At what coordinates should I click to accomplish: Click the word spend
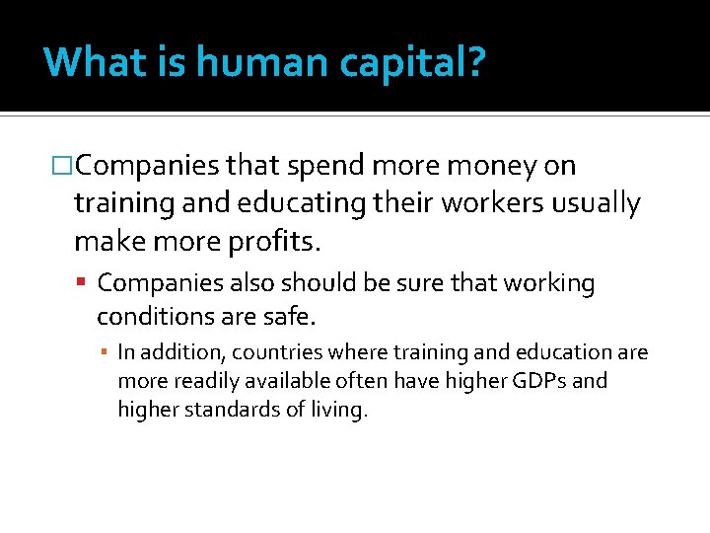[x=304, y=167]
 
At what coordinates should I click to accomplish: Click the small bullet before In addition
[x=105, y=352]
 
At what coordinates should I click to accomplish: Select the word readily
[x=204, y=381]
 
